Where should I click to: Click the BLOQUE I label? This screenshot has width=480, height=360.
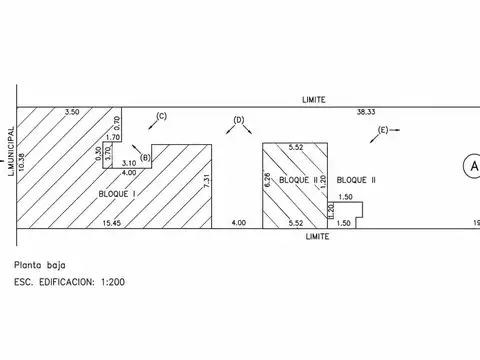(117, 194)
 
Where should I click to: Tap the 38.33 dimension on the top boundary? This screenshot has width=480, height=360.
(366, 112)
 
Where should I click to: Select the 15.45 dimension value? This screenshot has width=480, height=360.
(112, 223)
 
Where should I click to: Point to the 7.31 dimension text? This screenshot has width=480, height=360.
(207, 181)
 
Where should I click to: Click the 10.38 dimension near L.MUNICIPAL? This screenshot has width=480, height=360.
(22, 162)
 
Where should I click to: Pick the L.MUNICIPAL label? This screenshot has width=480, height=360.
(11, 151)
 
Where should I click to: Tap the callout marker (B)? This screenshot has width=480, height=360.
(145, 158)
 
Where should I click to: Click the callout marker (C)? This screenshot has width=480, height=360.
(161, 116)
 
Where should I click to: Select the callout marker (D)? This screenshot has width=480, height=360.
(239, 120)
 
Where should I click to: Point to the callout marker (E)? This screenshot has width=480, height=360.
(383, 130)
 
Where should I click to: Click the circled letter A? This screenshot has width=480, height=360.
(474, 166)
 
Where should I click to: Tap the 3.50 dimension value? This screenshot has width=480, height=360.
(72, 112)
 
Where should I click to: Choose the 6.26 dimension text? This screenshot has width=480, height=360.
(267, 180)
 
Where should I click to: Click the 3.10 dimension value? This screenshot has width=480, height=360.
(129, 163)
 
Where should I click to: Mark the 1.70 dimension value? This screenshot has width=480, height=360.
(113, 137)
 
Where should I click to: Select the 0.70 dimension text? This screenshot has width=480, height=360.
(117, 123)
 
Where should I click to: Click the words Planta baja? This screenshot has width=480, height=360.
(40, 265)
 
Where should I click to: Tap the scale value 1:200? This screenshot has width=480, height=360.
(113, 282)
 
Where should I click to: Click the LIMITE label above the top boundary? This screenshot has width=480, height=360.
(314, 100)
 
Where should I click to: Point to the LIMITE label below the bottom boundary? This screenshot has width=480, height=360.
(317, 236)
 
